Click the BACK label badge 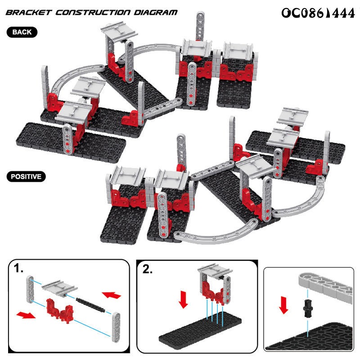(x=22, y=32)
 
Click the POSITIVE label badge (x=26, y=176)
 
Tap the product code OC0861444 (x=318, y=13)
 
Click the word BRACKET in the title (x=28, y=13)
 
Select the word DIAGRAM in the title (x=156, y=13)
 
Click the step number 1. (x=18, y=268)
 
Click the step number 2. (x=148, y=269)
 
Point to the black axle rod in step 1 (x=90, y=305)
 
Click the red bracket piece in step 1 (x=60, y=311)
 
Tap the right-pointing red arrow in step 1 (x=26, y=315)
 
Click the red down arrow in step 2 (x=184, y=299)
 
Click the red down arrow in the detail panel (x=284, y=305)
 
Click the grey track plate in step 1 (x=60, y=287)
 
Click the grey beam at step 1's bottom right (x=116, y=327)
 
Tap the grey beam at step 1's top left (x=30, y=289)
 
